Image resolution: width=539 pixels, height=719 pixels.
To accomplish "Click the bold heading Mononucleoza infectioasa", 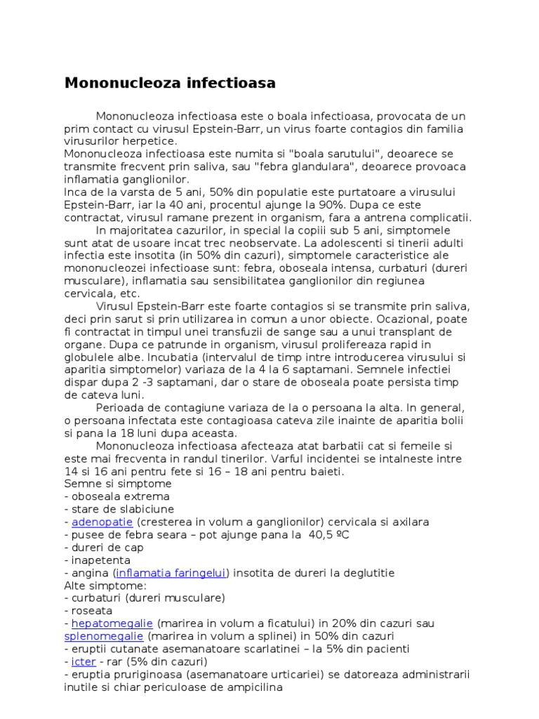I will tap(170, 83).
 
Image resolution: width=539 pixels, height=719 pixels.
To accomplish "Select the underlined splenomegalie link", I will tap(104, 636).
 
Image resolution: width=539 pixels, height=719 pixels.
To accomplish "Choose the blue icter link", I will tap(79, 661).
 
